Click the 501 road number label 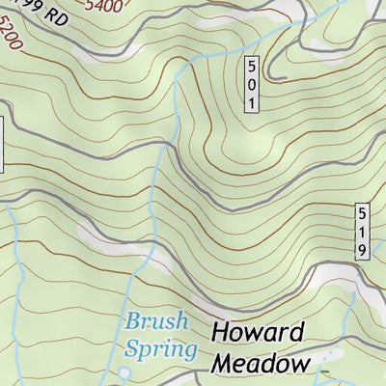click(251, 84)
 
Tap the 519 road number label click(362, 233)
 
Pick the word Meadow click(262, 362)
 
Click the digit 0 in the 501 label click(251, 84)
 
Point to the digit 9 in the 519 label click(362, 249)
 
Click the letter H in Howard click(220, 333)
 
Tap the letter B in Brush click(134, 322)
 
